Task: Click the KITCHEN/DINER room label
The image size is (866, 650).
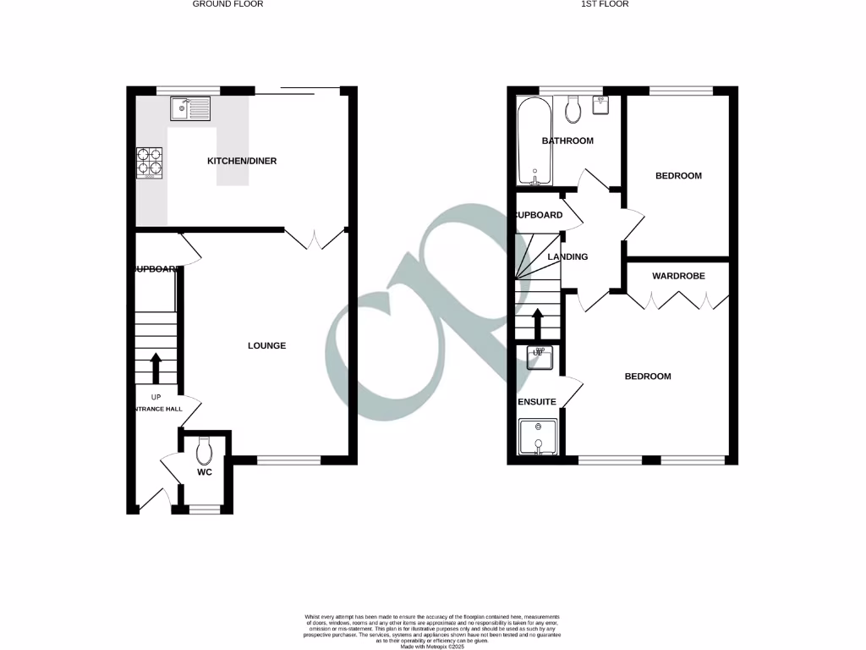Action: click(243, 161)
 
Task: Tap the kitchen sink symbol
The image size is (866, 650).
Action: click(189, 108)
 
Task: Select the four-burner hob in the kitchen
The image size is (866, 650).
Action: click(150, 162)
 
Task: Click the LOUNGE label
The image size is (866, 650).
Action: click(266, 345)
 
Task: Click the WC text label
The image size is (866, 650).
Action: click(204, 472)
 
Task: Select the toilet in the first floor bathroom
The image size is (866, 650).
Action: click(573, 109)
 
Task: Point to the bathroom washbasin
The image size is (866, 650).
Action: click(603, 104)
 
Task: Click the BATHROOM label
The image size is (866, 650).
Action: click(567, 140)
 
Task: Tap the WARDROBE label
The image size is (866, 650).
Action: click(678, 276)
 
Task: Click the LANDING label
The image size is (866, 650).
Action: click(567, 256)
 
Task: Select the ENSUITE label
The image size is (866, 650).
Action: click(537, 402)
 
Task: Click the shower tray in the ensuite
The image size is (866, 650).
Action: click(536, 438)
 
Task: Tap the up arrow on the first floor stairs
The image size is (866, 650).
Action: click(536, 324)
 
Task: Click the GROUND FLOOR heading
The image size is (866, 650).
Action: click(227, 4)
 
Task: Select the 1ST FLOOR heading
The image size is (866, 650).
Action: click(606, 4)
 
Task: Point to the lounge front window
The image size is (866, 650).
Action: click(288, 460)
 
